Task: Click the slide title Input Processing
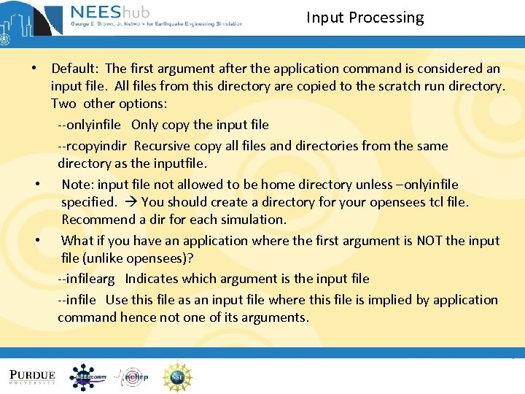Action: coord(365,18)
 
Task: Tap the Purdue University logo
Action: coord(33,376)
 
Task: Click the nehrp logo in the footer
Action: coord(132,376)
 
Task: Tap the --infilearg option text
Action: coord(88,279)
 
